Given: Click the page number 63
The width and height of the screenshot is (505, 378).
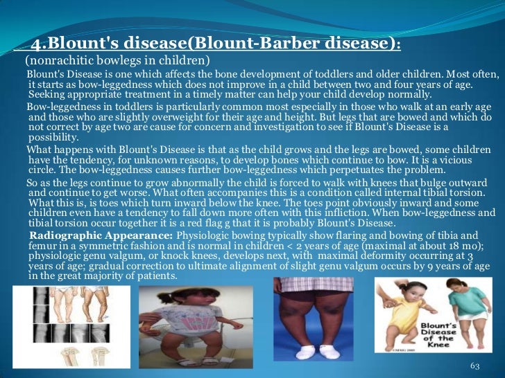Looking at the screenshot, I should pyautogui.click(x=475, y=364).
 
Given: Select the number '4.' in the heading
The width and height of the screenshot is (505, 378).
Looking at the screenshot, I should pyautogui.click(x=40, y=44).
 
